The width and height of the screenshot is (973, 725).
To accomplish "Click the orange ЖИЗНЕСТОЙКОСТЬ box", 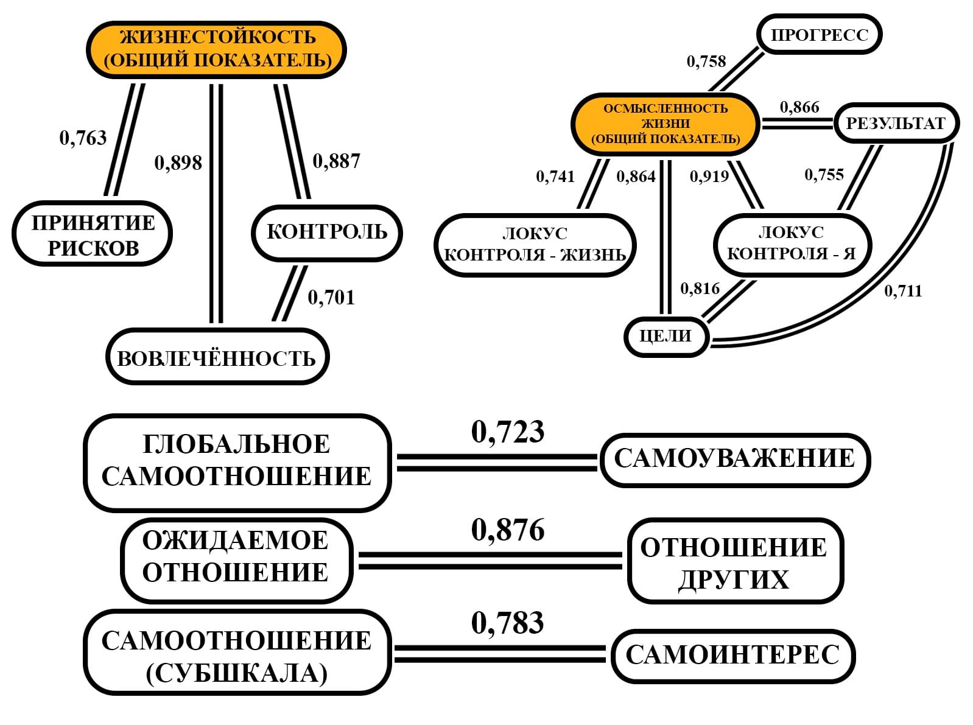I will pos(217,49).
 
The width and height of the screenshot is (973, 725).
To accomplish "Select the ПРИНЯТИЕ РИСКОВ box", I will pos(93,234).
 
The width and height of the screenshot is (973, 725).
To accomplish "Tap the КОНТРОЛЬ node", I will pos(327,233).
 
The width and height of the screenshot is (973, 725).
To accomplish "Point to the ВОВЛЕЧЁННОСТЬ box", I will pos(217,357).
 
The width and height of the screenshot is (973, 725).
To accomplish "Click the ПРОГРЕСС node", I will pos(819,35).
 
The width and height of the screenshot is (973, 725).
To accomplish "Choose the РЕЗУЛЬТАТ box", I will pos(895,124).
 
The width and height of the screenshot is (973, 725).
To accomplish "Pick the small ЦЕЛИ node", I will pos(666,336).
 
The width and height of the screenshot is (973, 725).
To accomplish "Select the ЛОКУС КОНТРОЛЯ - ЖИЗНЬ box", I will pos(535,245).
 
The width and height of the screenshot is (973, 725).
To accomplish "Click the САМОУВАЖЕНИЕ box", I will pos(734,460).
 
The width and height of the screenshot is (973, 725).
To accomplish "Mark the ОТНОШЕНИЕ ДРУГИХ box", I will pos(734,562).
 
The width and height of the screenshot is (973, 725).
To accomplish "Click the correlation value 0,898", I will pos(178,163).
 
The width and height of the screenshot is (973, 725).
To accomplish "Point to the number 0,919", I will pos(709,177).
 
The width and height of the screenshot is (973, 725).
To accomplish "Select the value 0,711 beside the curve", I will pos(903,291).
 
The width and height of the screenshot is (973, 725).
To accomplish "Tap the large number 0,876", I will pos(508,530).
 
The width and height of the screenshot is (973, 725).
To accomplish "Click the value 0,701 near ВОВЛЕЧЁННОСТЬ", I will pos(331,298).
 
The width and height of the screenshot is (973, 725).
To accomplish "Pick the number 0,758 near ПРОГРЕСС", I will pos(706,61).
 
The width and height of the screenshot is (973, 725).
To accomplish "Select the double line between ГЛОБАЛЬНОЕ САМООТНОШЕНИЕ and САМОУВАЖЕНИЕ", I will pos(496,463).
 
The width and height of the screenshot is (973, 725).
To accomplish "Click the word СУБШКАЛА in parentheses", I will pos(237,674).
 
